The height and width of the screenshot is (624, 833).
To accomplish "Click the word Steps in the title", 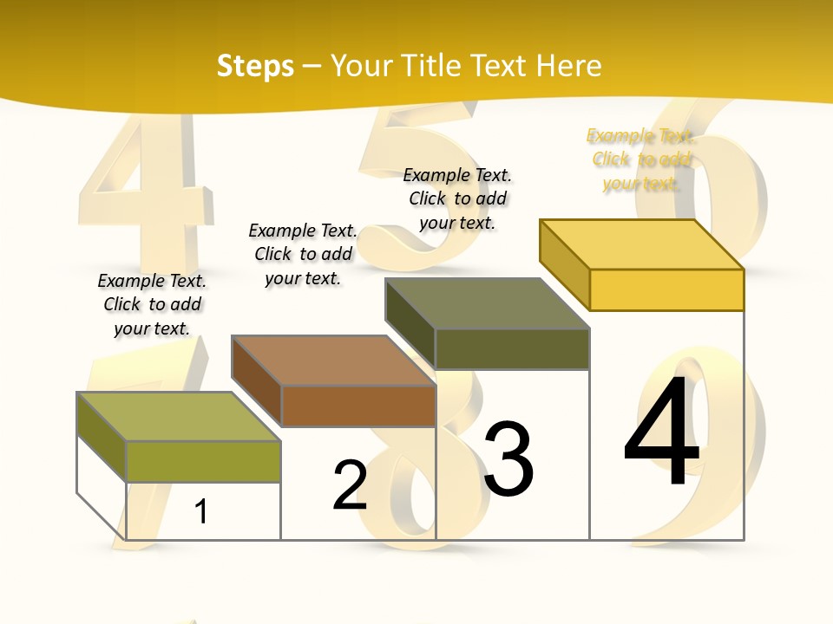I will pyautogui.click(x=255, y=66).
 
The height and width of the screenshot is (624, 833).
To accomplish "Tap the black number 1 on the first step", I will pyautogui.click(x=200, y=511).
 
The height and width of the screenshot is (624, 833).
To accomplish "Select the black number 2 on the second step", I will pyautogui.click(x=350, y=485).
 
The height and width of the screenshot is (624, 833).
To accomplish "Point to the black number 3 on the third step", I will pyautogui.click(x=508, y=459).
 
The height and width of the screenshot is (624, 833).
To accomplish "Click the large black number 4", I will pyautogui.click(x=662, y=433).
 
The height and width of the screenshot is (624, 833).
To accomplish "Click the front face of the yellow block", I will pyautogui.click(x=666, y=289).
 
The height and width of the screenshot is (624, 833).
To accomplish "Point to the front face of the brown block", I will pyautogui.click(x=358, y=406).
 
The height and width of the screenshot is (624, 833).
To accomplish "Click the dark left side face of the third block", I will pyautogui.click(x=410, y=322).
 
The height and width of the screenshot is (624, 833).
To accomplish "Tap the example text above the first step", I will pyautogui.click(x=152, y=304).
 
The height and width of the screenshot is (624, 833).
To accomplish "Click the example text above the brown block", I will pyautogui.click(x=303, y=254).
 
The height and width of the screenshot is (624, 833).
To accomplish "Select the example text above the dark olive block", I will pyautogui.click(x=457, y=198).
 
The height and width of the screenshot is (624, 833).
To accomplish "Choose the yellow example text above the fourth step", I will pyautogui.click(x=641, y=159).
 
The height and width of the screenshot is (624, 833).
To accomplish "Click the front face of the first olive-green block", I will pyautogui.click(x=204, y=461).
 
